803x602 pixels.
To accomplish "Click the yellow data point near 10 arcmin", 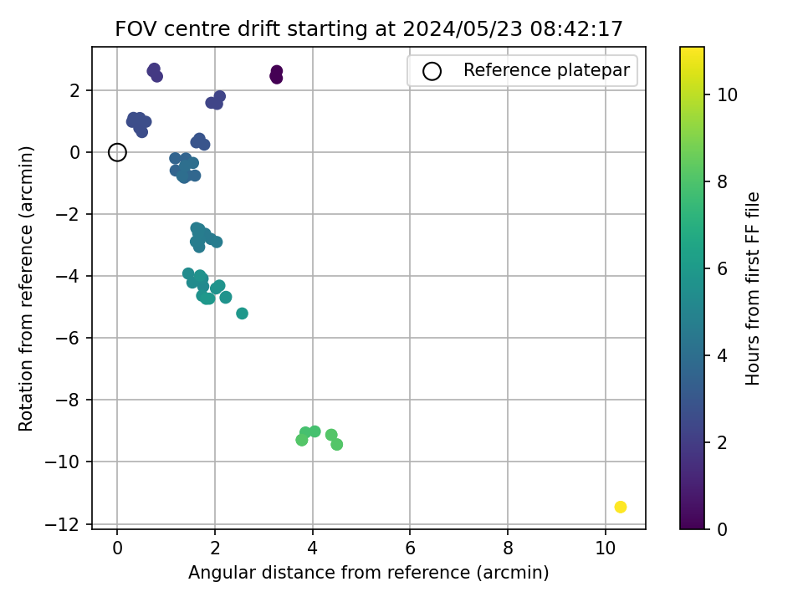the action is point(620,507).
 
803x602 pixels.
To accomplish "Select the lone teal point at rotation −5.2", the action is point(243,314).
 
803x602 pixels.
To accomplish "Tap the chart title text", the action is point(369,28).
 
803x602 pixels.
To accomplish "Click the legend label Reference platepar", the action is point(546,70).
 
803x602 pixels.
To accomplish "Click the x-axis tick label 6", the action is point(410,548).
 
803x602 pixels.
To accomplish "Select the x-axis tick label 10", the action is point(606,548).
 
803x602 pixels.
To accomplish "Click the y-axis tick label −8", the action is point(67,400).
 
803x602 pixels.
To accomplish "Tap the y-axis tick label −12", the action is point(63,523).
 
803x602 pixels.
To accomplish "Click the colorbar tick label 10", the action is point(727,94).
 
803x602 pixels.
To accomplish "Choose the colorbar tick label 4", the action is point(722,355).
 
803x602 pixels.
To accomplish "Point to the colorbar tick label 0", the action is point(722,529).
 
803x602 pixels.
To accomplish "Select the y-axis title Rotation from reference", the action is point(26,288).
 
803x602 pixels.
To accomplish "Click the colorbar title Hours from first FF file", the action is point(752,288).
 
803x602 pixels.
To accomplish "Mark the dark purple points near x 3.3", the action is point(277,74).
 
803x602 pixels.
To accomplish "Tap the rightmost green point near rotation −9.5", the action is point(336,444).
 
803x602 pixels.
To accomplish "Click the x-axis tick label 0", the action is point(117,548).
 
